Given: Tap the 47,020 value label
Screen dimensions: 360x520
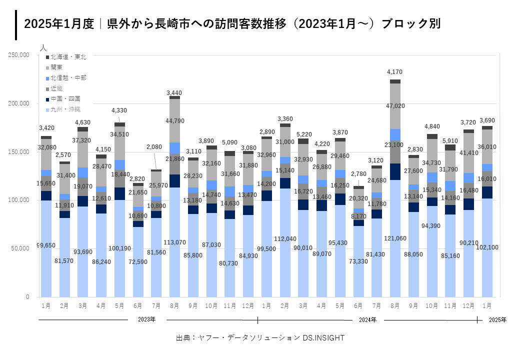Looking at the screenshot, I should coord(395,106).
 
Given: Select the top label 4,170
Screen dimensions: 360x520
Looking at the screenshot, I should coord(395,72).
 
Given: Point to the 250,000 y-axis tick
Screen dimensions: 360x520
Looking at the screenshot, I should coord(19,55).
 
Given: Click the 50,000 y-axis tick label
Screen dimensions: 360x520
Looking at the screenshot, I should coord(21,248).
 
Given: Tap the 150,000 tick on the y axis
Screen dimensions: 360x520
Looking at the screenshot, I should coord(19,152).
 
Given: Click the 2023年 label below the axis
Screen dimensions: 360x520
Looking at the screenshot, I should coord(147,319).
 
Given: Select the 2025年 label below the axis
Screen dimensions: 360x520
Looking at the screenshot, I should coord(497,319).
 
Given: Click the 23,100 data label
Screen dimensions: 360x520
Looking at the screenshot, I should coord(395,145).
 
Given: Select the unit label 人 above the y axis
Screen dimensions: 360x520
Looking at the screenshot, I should coord(43,48).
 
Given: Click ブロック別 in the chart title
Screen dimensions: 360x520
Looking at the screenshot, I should coord(411,24).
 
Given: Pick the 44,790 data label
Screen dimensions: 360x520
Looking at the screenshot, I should coord(174,120).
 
